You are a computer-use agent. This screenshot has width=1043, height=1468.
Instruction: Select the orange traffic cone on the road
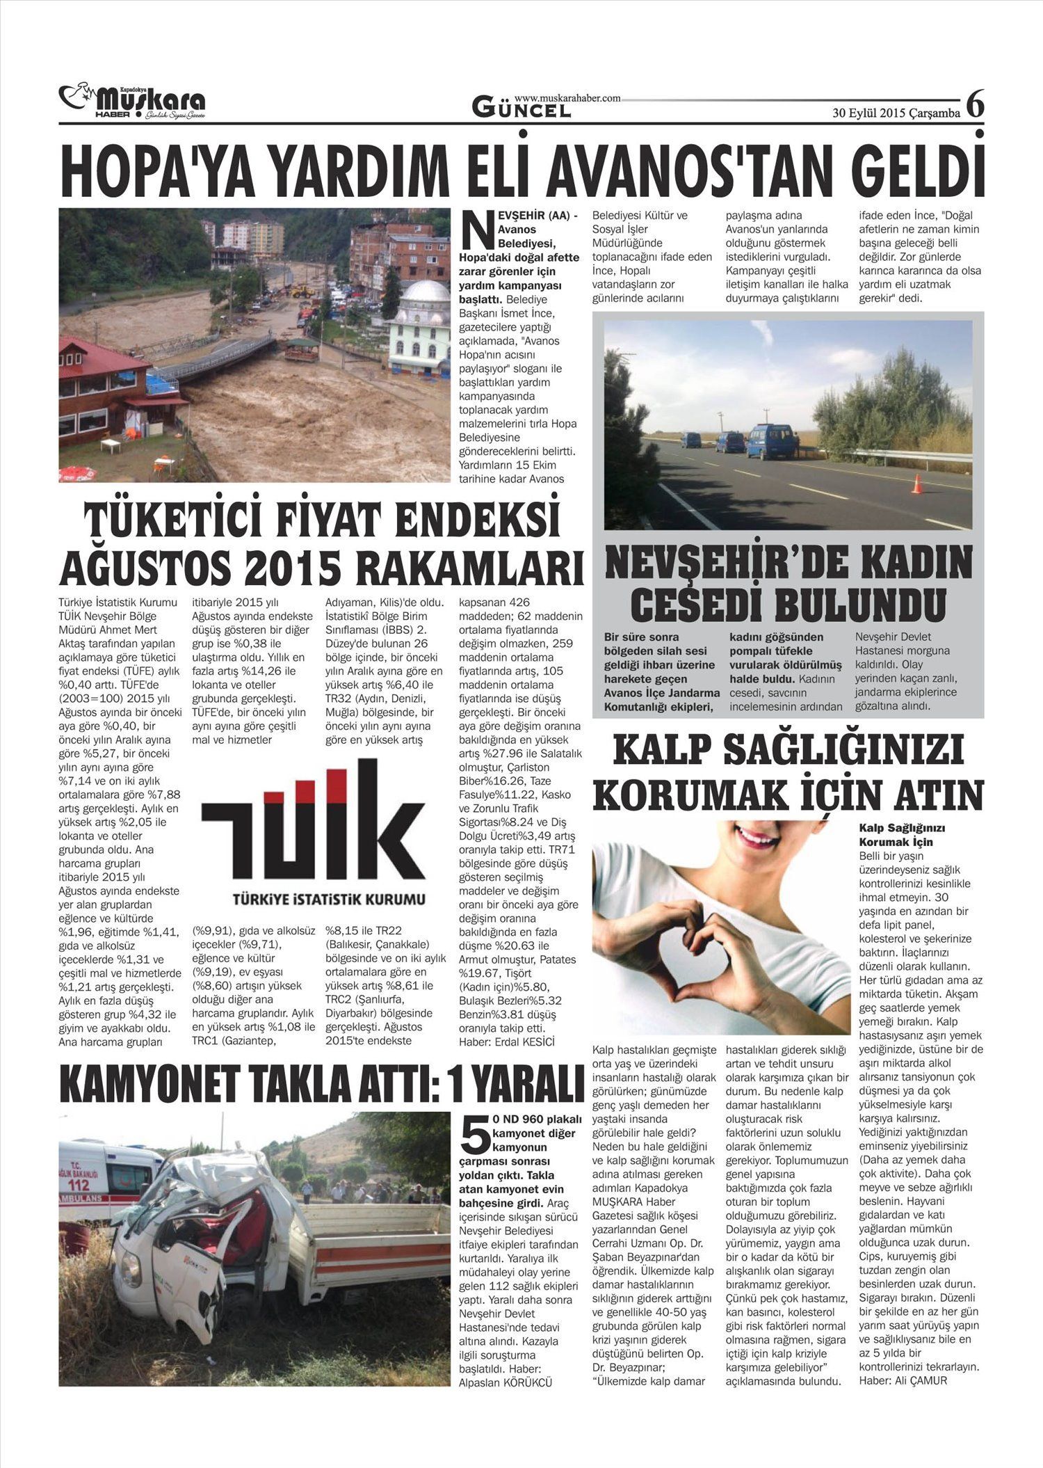[916, 484]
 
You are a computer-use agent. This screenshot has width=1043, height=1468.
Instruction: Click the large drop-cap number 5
[475, 1136]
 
